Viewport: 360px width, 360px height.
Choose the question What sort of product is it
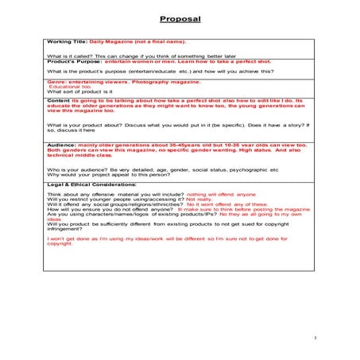point(79,92)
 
